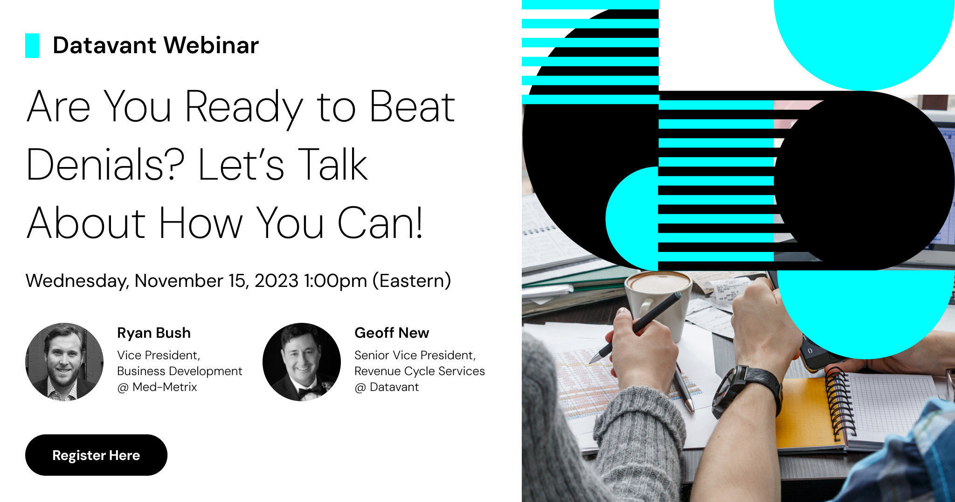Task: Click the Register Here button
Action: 96,455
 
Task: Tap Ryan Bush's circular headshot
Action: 64,362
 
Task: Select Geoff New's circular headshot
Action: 302,362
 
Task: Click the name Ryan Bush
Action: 154,333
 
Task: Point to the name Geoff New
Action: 392,333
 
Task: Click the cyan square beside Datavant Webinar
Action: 32,46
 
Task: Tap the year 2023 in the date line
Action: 276,281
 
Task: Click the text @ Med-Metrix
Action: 157,387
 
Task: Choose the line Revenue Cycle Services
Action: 420,371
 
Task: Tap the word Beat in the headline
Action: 412,107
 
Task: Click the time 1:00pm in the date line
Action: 335,281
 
